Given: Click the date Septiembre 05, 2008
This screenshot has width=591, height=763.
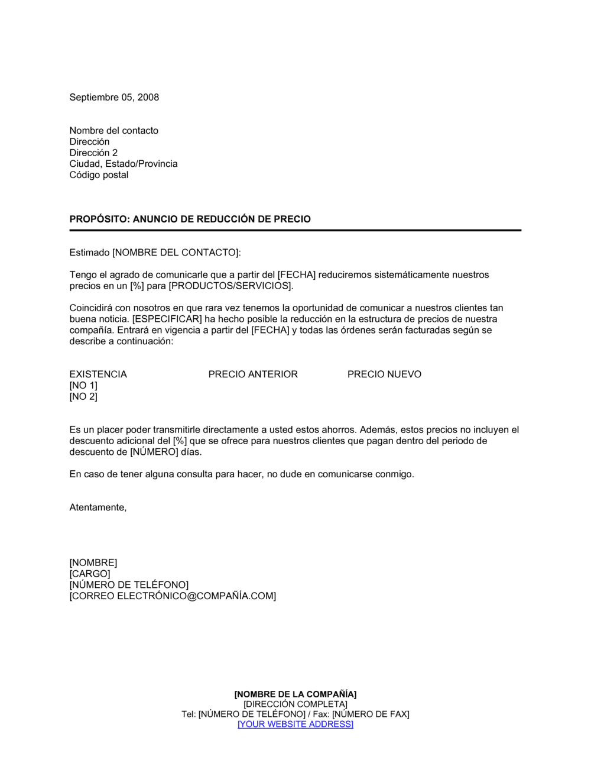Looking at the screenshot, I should tap(114, 98).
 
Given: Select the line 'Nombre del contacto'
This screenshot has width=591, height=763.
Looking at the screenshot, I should tap(113, 131).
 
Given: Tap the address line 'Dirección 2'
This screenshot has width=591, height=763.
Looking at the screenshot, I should tap(93, 153).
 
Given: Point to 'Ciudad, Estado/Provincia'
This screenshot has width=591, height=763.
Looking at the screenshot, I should tap(124, 164).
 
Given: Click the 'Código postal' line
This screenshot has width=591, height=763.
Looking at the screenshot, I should tap(99, 175).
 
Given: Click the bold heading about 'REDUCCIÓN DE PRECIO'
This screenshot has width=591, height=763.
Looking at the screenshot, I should tap(190, 219).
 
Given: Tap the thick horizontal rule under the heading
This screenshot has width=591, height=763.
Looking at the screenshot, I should tap(295, 230).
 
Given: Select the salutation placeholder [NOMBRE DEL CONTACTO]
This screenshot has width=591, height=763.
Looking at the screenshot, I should tap(176, 253).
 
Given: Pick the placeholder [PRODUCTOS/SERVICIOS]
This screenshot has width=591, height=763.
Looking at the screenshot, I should tap(230, 286).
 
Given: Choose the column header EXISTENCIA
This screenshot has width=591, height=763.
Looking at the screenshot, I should tap(98, 374).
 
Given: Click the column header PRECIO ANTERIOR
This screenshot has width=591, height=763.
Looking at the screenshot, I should tap(253, 374).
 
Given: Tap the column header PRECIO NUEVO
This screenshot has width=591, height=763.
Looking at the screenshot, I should tap(384, 374).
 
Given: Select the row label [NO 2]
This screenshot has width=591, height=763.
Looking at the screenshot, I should tap(83, 397).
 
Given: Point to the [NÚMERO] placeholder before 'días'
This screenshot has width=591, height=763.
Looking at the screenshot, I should tap(154, 452).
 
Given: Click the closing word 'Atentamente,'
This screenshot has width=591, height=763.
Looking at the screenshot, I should tap(98, 507).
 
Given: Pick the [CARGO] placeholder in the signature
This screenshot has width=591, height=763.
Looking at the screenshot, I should tap(90, 574).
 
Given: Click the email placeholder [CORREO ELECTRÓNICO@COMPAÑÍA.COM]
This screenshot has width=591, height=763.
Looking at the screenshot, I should tap(173, 596).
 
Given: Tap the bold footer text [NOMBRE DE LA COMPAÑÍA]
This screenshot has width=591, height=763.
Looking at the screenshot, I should tap(295, 694).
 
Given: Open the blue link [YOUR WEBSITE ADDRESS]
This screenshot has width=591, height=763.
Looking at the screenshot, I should tap(295, 725).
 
